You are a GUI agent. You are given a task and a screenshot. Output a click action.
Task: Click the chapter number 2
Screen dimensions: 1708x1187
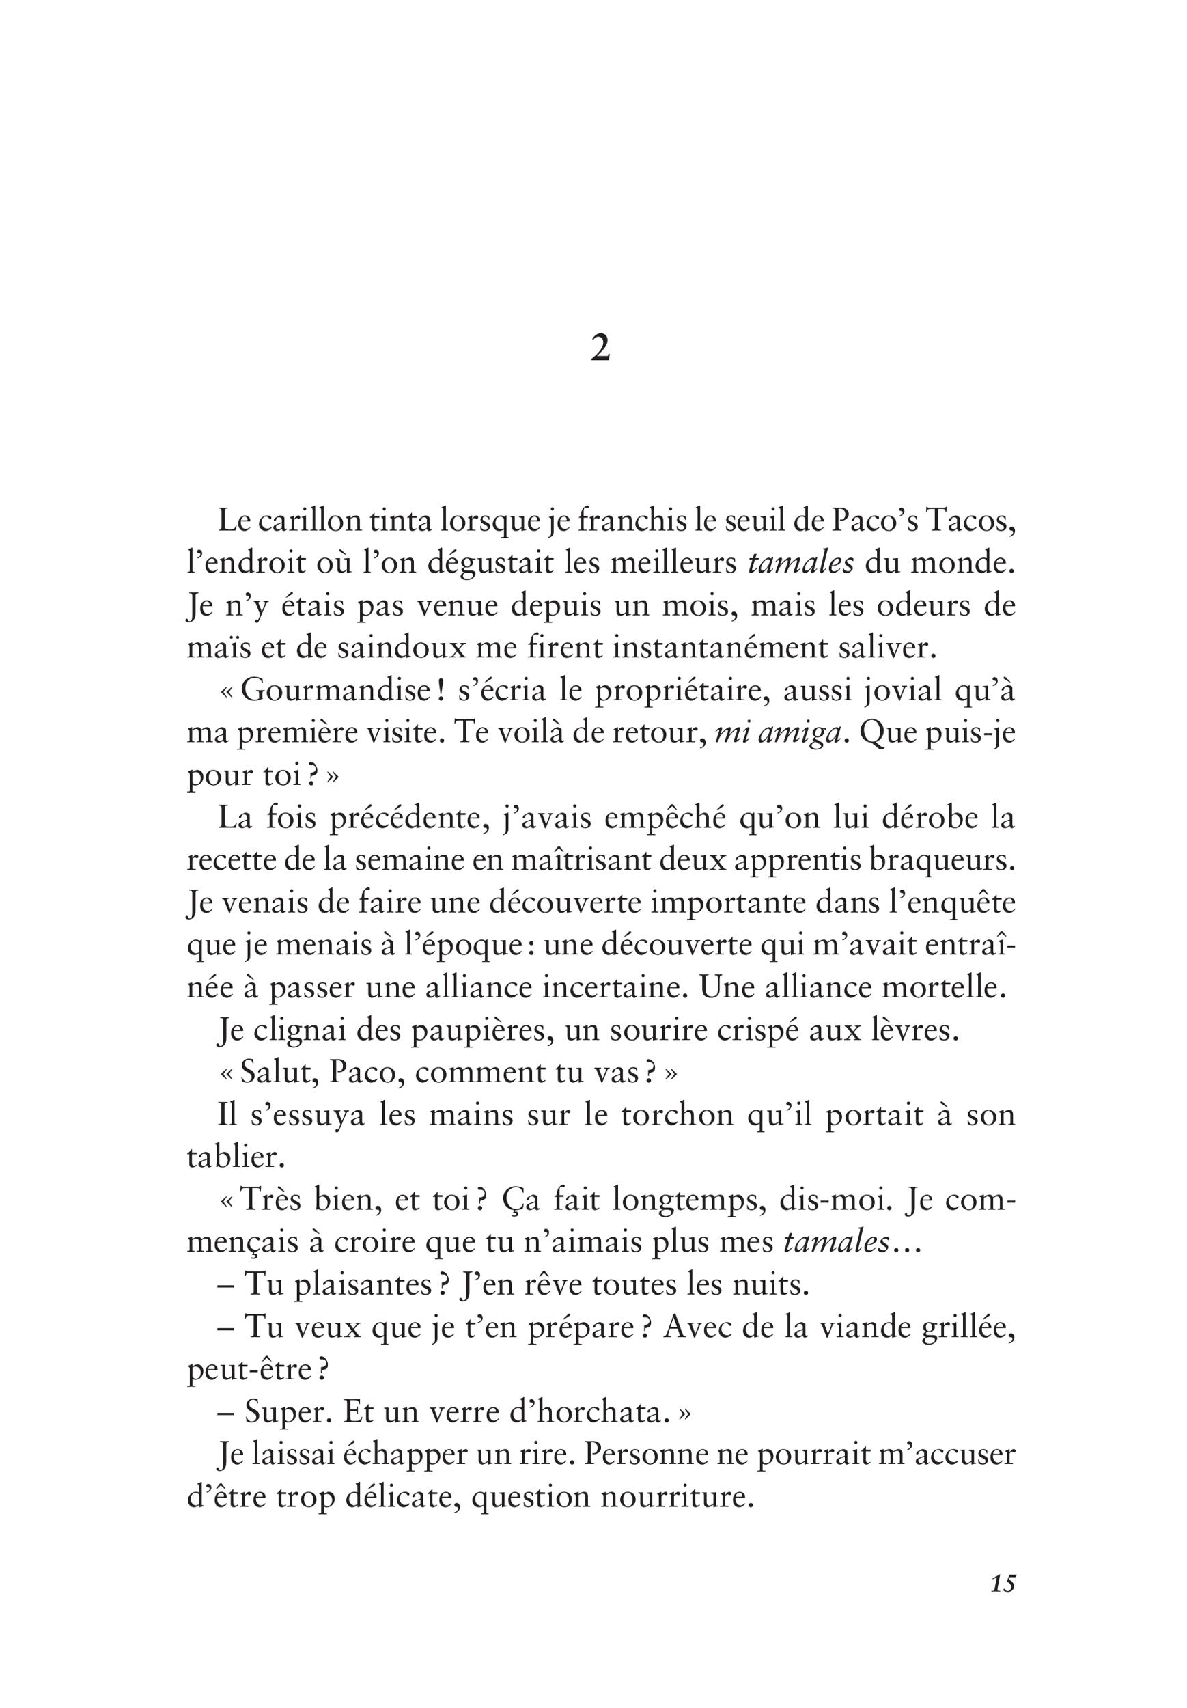(600, 347)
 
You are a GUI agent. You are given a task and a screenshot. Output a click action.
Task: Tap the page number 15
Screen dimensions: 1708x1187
(1003, 1605)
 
